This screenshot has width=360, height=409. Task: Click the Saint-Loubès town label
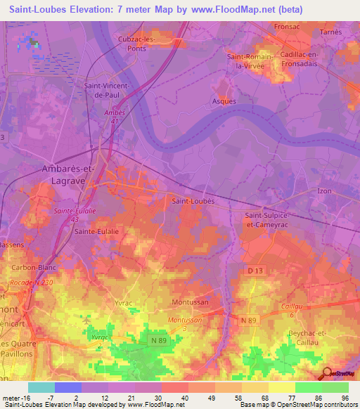(x=193, y=200)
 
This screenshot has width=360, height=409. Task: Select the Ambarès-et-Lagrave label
(x=60, y=175)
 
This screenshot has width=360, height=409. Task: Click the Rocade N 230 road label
(x=32, y=283)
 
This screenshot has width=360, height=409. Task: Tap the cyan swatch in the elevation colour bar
(x=41, y=387)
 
